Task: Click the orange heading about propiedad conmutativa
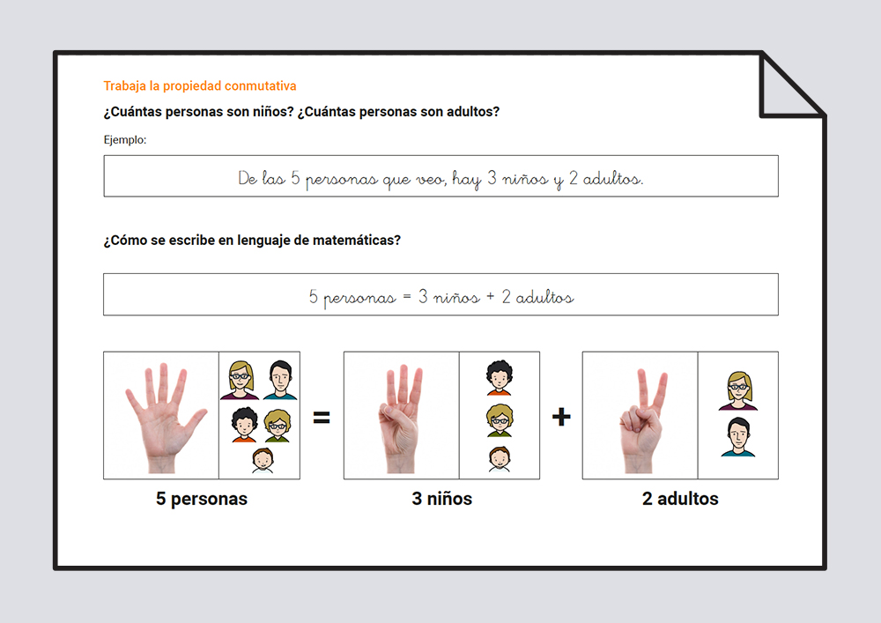click(200, 86)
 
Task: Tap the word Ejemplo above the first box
click(125, 140)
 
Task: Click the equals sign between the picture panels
click(322, 417)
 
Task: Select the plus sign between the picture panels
click(561, 417)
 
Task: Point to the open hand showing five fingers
click(163, 417)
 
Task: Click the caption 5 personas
click(202, 499)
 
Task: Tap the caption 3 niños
click(441, 499)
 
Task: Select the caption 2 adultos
click(680, 499)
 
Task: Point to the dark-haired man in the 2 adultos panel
click(738, 437)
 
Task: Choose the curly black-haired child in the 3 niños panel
click(499, 377)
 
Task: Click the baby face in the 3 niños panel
click(499, 459)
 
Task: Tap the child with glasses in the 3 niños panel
click(500, 419)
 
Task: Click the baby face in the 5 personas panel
click(263, 461)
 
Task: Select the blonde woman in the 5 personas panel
click(240, 381)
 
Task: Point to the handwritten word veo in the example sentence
click(431, 180)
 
